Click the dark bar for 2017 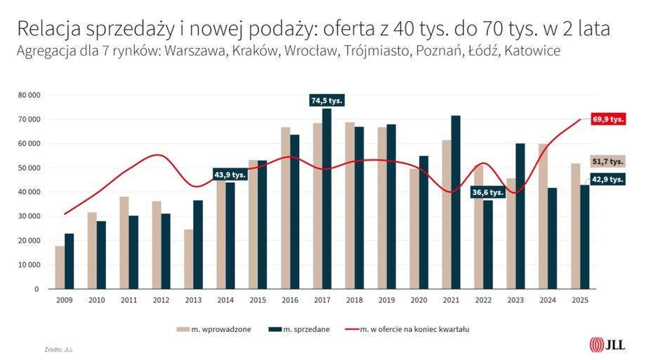327,199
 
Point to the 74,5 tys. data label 327,100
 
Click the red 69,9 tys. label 608,119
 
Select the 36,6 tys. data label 487,192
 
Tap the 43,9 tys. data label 230,175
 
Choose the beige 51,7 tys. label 608,161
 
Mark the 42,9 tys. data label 608,179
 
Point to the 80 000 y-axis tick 29,95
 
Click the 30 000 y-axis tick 29,216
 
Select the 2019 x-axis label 386,300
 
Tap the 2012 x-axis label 161,300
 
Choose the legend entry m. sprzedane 300,328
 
